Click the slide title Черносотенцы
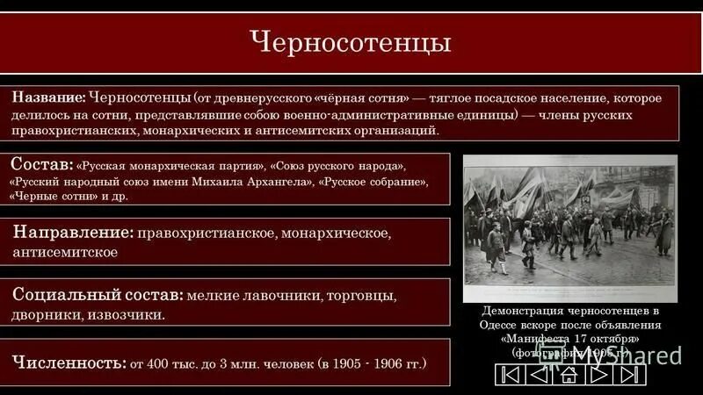pyautogui.click(x=351, y=42)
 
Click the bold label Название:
pyautogui.click(x=48, y=98)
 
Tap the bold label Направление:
pyautogui.click(x=73, y=233)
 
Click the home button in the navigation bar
pyautogui.click(x=569, y=375)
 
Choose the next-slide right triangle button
pyautogui.click(x=598, y=375)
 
